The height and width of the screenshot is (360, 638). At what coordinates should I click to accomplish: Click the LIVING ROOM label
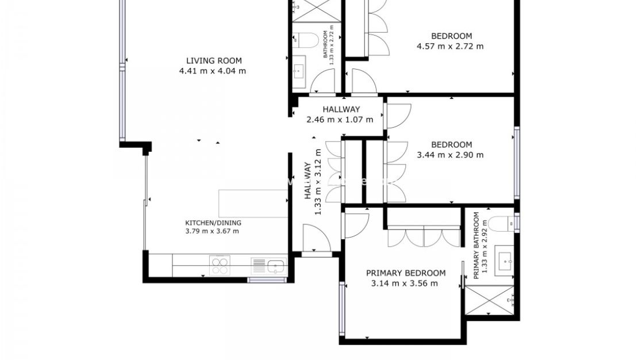(x=213, y=60)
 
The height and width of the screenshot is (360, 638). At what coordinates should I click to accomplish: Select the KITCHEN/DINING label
(x=213, y=223)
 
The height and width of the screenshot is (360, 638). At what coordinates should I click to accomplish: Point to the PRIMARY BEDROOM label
(x=406, y=273)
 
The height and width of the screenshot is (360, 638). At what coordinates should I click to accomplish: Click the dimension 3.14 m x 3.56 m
(x=405, y=283)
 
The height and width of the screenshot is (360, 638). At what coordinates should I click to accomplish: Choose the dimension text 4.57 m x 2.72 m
(x=450, y=46)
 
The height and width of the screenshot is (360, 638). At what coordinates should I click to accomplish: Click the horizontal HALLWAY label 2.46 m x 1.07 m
(x=341, y=114)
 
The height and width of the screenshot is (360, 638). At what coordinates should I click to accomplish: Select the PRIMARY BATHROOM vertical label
(x=480, y=246)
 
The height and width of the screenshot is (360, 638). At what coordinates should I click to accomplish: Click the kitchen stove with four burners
(x=220, y=266)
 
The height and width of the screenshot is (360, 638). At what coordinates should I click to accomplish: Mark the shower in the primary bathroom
(x=489, y=300)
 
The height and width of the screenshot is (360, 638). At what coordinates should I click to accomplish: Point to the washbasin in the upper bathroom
(x=299, y=72)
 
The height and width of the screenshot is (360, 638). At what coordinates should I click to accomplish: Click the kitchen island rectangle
(x=253, y=203)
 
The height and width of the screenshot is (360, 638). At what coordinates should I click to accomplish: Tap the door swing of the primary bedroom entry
(x=356, y=225)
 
